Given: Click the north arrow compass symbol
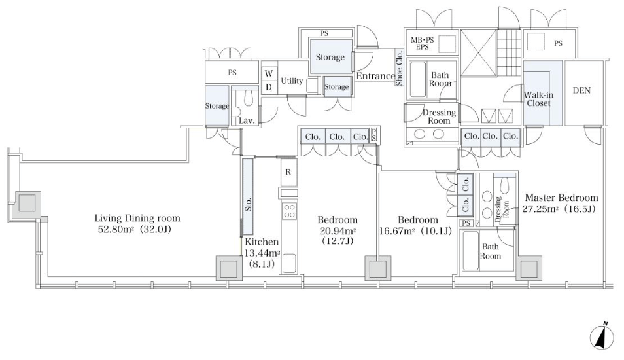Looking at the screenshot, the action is (602, 336).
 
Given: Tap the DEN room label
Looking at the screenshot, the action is (581, 90).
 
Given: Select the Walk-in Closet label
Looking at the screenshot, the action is (538, 99).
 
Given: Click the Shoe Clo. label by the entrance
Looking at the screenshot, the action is (399, 67).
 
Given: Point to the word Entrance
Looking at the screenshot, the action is (375, 76).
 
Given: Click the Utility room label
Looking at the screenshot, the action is (292, 81).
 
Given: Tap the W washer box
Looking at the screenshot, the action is (269, 73).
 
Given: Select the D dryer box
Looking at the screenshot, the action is (269, 87).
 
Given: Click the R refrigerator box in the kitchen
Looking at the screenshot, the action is (288, 172).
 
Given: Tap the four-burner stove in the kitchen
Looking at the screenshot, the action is (289, 211).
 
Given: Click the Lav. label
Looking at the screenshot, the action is (247, 120).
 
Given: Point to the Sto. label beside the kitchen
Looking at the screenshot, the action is (249, 205).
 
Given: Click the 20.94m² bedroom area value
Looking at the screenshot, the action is (338, 231).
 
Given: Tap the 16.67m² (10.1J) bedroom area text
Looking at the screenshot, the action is (415, 231).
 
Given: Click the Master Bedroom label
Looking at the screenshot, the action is (561, 198).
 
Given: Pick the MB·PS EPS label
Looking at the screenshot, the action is (423, 43).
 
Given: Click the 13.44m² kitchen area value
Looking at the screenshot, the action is (262, 253).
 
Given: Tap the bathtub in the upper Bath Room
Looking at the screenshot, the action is (417, 79).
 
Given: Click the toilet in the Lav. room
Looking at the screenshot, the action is (249, 98).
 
